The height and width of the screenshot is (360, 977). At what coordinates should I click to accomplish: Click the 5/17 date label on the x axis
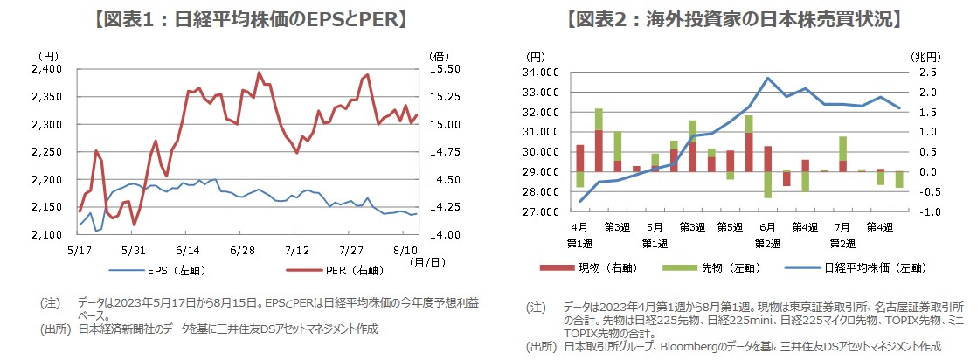coord(80,249)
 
